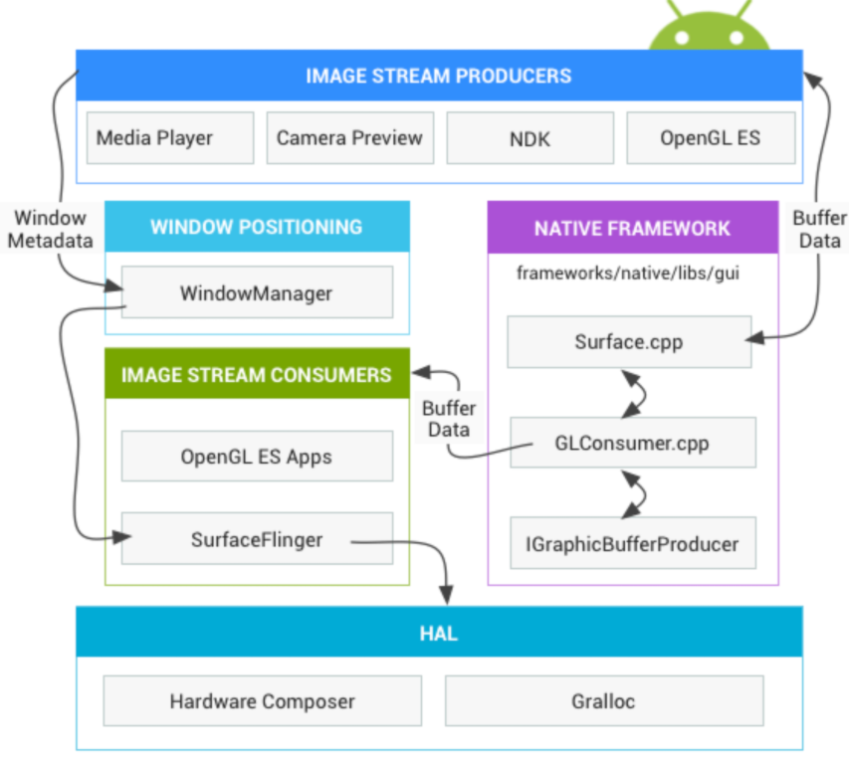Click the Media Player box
pos(170,138)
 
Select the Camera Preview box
pos(349,138)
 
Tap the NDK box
pos(530,138)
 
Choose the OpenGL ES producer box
pos(710,138)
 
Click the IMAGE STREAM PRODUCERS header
pos(439,76)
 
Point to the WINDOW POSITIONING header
pos(257,227)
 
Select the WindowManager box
pos(257,292)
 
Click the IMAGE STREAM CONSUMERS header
pos(257,375)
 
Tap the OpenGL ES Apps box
pos(257,457)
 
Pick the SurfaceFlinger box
pos(257,539)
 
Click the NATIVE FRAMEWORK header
pos(632,228)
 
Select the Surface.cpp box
pos(629,342)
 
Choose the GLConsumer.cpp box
pos(633,443)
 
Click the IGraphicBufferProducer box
pos(633,543)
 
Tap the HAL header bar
pos(439,633)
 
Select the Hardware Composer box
pos(262,701)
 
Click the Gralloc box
pos(604,701)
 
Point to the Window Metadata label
pos(53,229)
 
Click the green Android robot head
pos(711,30)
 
